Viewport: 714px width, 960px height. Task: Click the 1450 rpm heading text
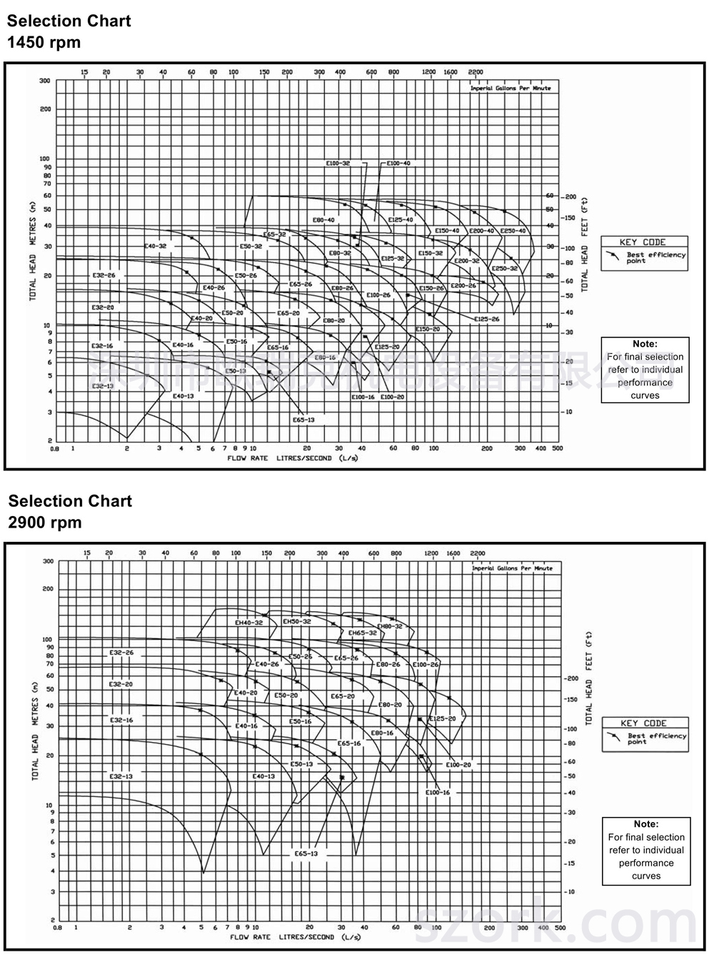(x=44, y=42)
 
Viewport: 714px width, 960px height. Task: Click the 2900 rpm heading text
(x=45, y=523)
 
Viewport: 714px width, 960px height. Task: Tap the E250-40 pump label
(x=513, y=231)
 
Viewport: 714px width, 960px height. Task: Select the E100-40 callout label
(x=398, y=164)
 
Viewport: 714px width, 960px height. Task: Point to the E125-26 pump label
(x=486, y=319)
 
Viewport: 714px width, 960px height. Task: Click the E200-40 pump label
(x=481, y=231)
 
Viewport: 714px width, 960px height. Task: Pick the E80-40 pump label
(x=323, y=220)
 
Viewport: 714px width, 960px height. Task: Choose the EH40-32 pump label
(x=248, y=623)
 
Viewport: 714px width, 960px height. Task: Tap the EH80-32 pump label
(x=389, y=626)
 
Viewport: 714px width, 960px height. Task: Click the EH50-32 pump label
(x=297, y=622)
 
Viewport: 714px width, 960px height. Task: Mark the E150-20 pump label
(x=428, y=329)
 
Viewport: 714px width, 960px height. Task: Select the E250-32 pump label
(x=504, y=268)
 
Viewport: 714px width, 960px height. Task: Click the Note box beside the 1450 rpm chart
(x=645, y=370)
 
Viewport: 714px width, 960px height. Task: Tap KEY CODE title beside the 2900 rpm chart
(x=643, y=723)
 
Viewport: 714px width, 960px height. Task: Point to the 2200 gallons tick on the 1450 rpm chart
(x=475, y=72)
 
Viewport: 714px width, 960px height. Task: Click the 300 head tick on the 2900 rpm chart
(x=48, y=561)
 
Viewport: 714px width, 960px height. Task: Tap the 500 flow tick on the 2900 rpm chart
(x=560, y=929)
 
